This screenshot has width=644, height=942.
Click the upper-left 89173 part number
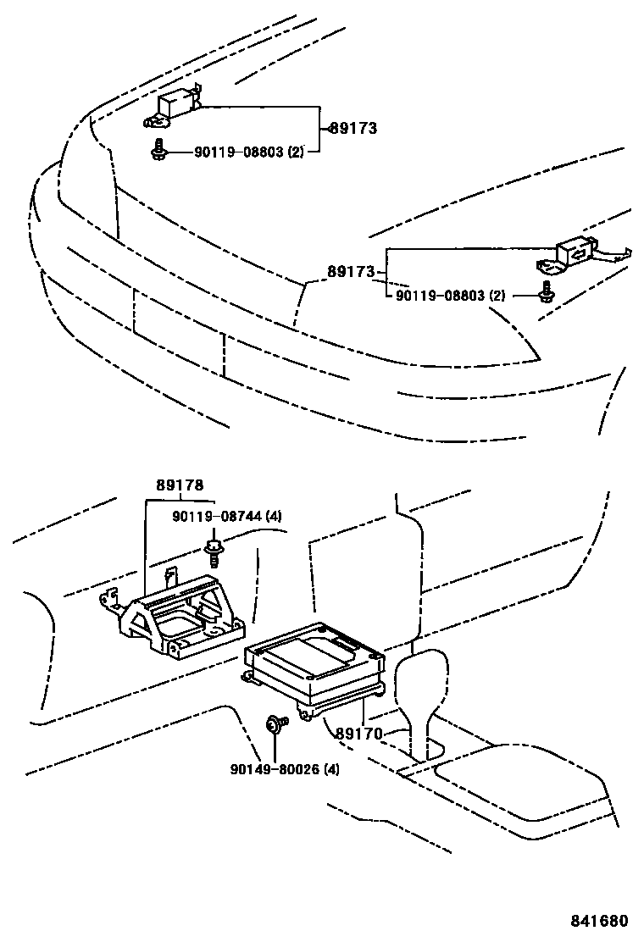click(x=353, y=129)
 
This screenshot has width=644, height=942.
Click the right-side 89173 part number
click(x=351, y=273)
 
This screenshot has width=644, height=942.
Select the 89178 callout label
click(x=179, y=486)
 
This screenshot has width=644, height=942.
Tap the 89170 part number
click(x=359, y=734)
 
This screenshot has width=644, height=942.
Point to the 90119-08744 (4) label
click(x=226, y=516)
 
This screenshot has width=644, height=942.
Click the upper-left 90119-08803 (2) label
click(x=248, y=152)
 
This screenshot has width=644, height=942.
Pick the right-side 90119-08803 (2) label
click(x=450, y=296)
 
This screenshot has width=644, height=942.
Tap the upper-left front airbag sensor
click(x=175, y=104)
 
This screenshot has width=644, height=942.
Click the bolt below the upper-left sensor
click(x=158, y=150)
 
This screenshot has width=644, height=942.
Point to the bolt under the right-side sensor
click(x=545, y=293)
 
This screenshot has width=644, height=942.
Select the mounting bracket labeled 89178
click(x=178, y=618)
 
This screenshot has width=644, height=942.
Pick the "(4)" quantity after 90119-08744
click(x=273, y=516)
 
